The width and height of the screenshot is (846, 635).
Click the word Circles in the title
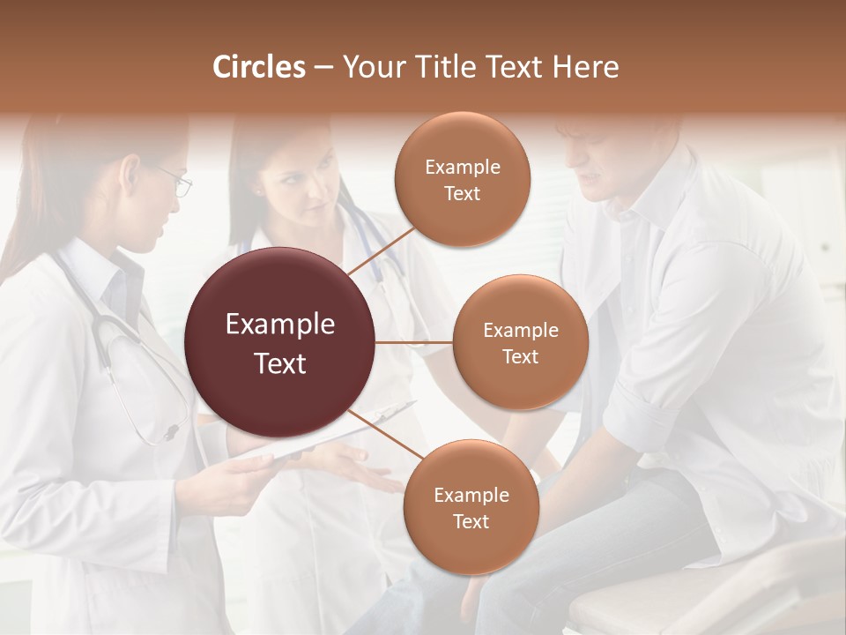tap(259, 67)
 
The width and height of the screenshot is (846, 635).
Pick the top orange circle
tap(462, 179)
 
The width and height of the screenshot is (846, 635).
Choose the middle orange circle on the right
tap(520, 343)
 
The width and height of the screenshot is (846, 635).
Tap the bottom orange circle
tap(471, 507)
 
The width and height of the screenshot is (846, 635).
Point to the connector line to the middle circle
tap(414, 342)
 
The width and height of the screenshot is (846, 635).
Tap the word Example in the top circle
tap(462, 168)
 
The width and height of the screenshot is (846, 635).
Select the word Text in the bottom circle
tap(471, 521)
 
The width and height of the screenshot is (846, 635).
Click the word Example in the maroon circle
tap(280, 325)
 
